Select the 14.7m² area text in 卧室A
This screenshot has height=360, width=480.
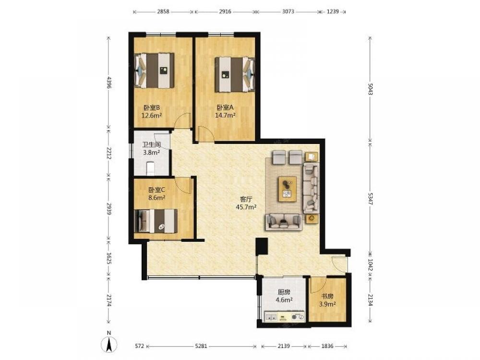[x=225, y=115]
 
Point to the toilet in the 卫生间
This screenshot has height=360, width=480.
[x=150, y=168]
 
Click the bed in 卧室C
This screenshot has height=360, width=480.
[x=156, y=221]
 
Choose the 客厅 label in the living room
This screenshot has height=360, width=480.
[x=246, y=199]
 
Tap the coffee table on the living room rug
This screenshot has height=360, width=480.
[x=287, y=189]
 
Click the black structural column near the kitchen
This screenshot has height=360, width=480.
[x=262, y=246]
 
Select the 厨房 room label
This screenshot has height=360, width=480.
[x=284, y=292]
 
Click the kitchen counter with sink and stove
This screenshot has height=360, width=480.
[x=284, y=316]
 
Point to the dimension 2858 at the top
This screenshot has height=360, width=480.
[x=163, y=12]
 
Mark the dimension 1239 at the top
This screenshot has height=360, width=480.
[x=333, y=12]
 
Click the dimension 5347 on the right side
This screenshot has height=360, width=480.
[x=370, y=199]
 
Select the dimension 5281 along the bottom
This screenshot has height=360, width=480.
[x=201, y=346]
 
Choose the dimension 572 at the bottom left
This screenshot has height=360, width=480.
[x=139, y=346]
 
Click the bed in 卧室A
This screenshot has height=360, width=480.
[x=235, y=74]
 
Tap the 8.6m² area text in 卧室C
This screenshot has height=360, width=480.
[x=157, y=197]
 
